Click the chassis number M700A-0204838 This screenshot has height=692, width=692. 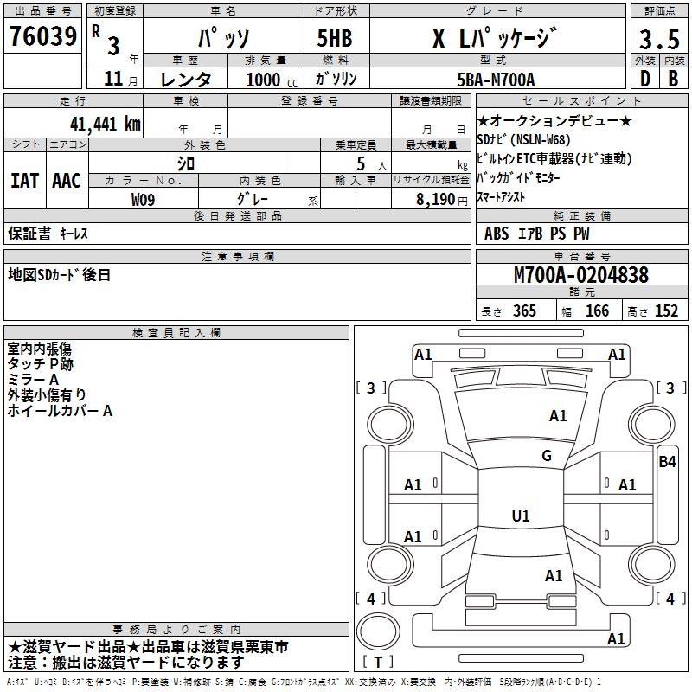(581, 275)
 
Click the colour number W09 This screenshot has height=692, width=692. (144, 199)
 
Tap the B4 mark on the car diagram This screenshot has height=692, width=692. (667, 461)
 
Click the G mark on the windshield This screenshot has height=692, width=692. (547, 456)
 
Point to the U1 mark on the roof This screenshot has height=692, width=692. (521, 516)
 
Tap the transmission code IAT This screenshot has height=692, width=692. (24, 181)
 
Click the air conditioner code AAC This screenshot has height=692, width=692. (67, 181)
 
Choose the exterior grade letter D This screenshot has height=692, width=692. (644, 79)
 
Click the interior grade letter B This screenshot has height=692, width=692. (673, 79)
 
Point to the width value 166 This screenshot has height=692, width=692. (598, 311)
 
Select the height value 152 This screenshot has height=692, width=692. (666, 311)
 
